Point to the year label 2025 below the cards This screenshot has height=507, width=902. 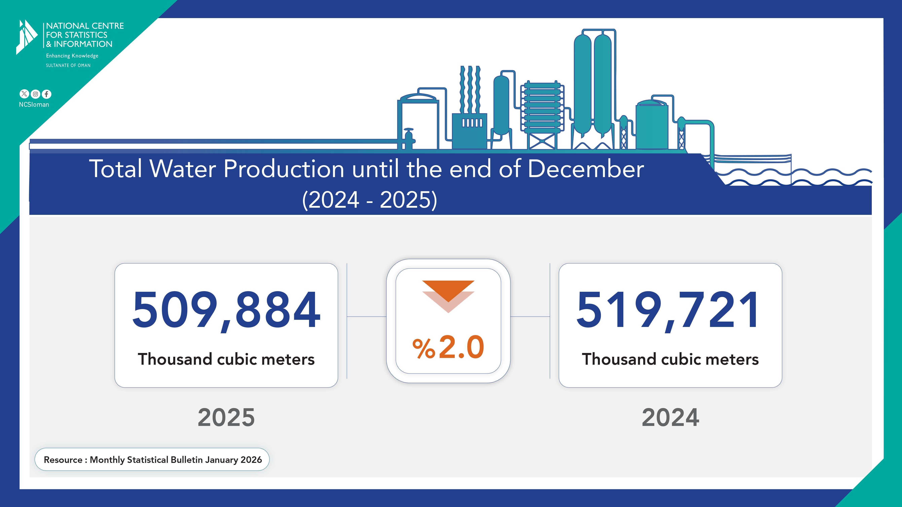(226, 417)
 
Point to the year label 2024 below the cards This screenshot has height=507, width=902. (670, 417)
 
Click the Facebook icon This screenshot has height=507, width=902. (47, 94)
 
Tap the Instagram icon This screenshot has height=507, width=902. (35, 94)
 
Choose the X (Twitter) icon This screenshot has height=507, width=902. (24, 94)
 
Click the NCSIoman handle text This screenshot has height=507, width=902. (34, 105)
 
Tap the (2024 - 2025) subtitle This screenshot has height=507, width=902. (369, 200)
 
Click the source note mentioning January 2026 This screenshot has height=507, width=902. (152, 459)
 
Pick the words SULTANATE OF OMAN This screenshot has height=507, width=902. (68, 65)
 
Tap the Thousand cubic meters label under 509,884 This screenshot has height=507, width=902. (226, 359)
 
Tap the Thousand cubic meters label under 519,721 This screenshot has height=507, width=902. (670, 359)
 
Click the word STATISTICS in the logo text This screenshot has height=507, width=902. (86, 35)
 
